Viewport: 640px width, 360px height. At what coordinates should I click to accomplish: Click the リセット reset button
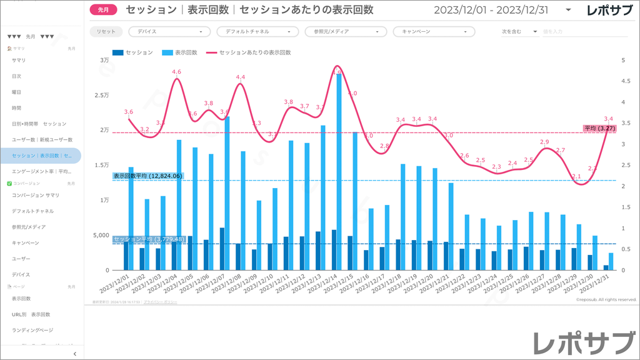106,31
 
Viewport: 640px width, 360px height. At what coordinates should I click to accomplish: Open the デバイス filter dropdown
169,31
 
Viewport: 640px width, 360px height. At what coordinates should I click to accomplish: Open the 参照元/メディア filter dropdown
346,31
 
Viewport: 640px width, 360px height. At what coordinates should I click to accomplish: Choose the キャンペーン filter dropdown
434,31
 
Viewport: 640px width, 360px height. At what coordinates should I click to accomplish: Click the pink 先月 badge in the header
103,10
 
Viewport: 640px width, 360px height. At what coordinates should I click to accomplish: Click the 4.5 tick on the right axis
624,81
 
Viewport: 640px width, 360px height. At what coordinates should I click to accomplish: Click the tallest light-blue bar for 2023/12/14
339,172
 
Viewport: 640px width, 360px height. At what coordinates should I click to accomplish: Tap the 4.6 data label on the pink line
176,72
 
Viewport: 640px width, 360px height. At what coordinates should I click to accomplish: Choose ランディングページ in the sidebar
32,330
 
